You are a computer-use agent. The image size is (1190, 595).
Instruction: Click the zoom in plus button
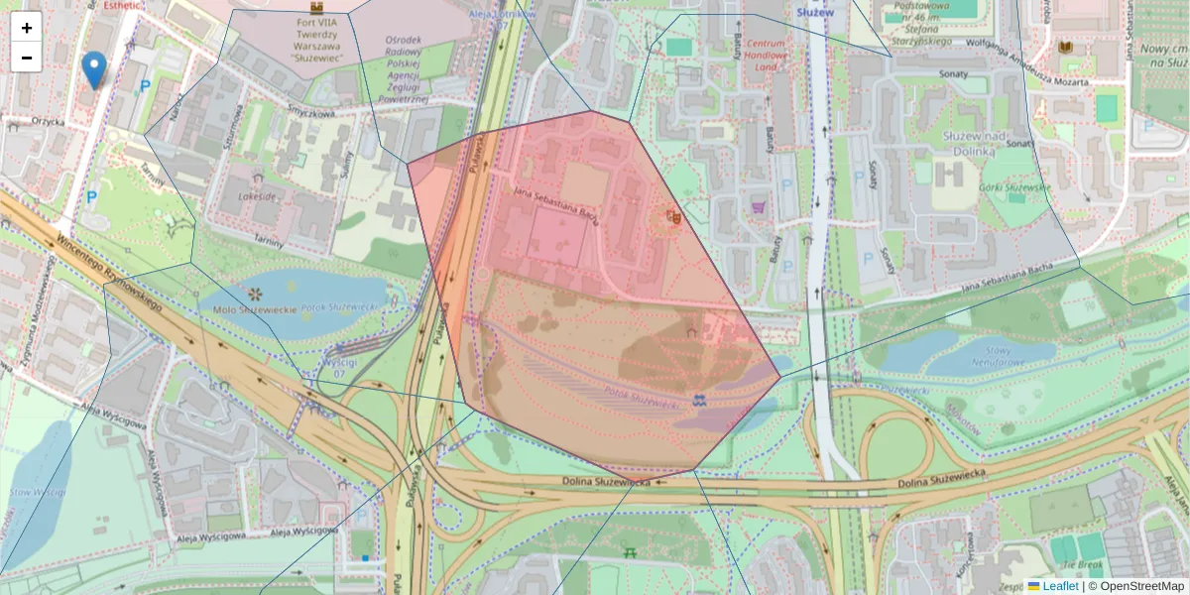click(27, 28)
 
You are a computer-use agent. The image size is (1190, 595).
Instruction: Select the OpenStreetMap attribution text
click(1135, 586)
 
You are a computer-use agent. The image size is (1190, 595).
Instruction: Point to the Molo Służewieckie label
click(256, 310)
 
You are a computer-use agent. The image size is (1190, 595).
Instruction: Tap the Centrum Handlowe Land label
click(766, 56)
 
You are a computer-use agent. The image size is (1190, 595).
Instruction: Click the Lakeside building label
click(258, 196)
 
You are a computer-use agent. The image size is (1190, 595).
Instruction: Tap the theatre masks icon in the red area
click(674, 214)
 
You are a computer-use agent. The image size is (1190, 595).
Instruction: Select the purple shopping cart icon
click(760, 207)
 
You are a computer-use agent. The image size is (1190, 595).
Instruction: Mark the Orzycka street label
click(47, 122)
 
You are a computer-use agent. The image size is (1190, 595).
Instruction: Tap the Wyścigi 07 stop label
click(332, 368)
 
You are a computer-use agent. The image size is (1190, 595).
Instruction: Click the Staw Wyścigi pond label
click(37, 492)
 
